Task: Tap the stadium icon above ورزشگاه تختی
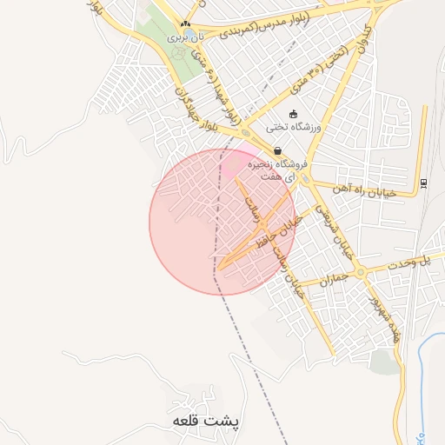pyautogui.click(x=294, y=114)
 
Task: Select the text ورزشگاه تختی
pyautogui.click(x=294, y=127)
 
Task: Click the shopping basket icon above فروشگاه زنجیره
pyautogui.click(x=276, y=150)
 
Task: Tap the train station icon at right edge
pyautogui.click(x=423, y=183)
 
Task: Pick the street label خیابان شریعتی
pyautogui.click(x=323, y=224)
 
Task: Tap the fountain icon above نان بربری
pyautogui.click(x=184, y=24)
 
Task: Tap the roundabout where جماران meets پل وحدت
pyautogui.click(x=360, y=273)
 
